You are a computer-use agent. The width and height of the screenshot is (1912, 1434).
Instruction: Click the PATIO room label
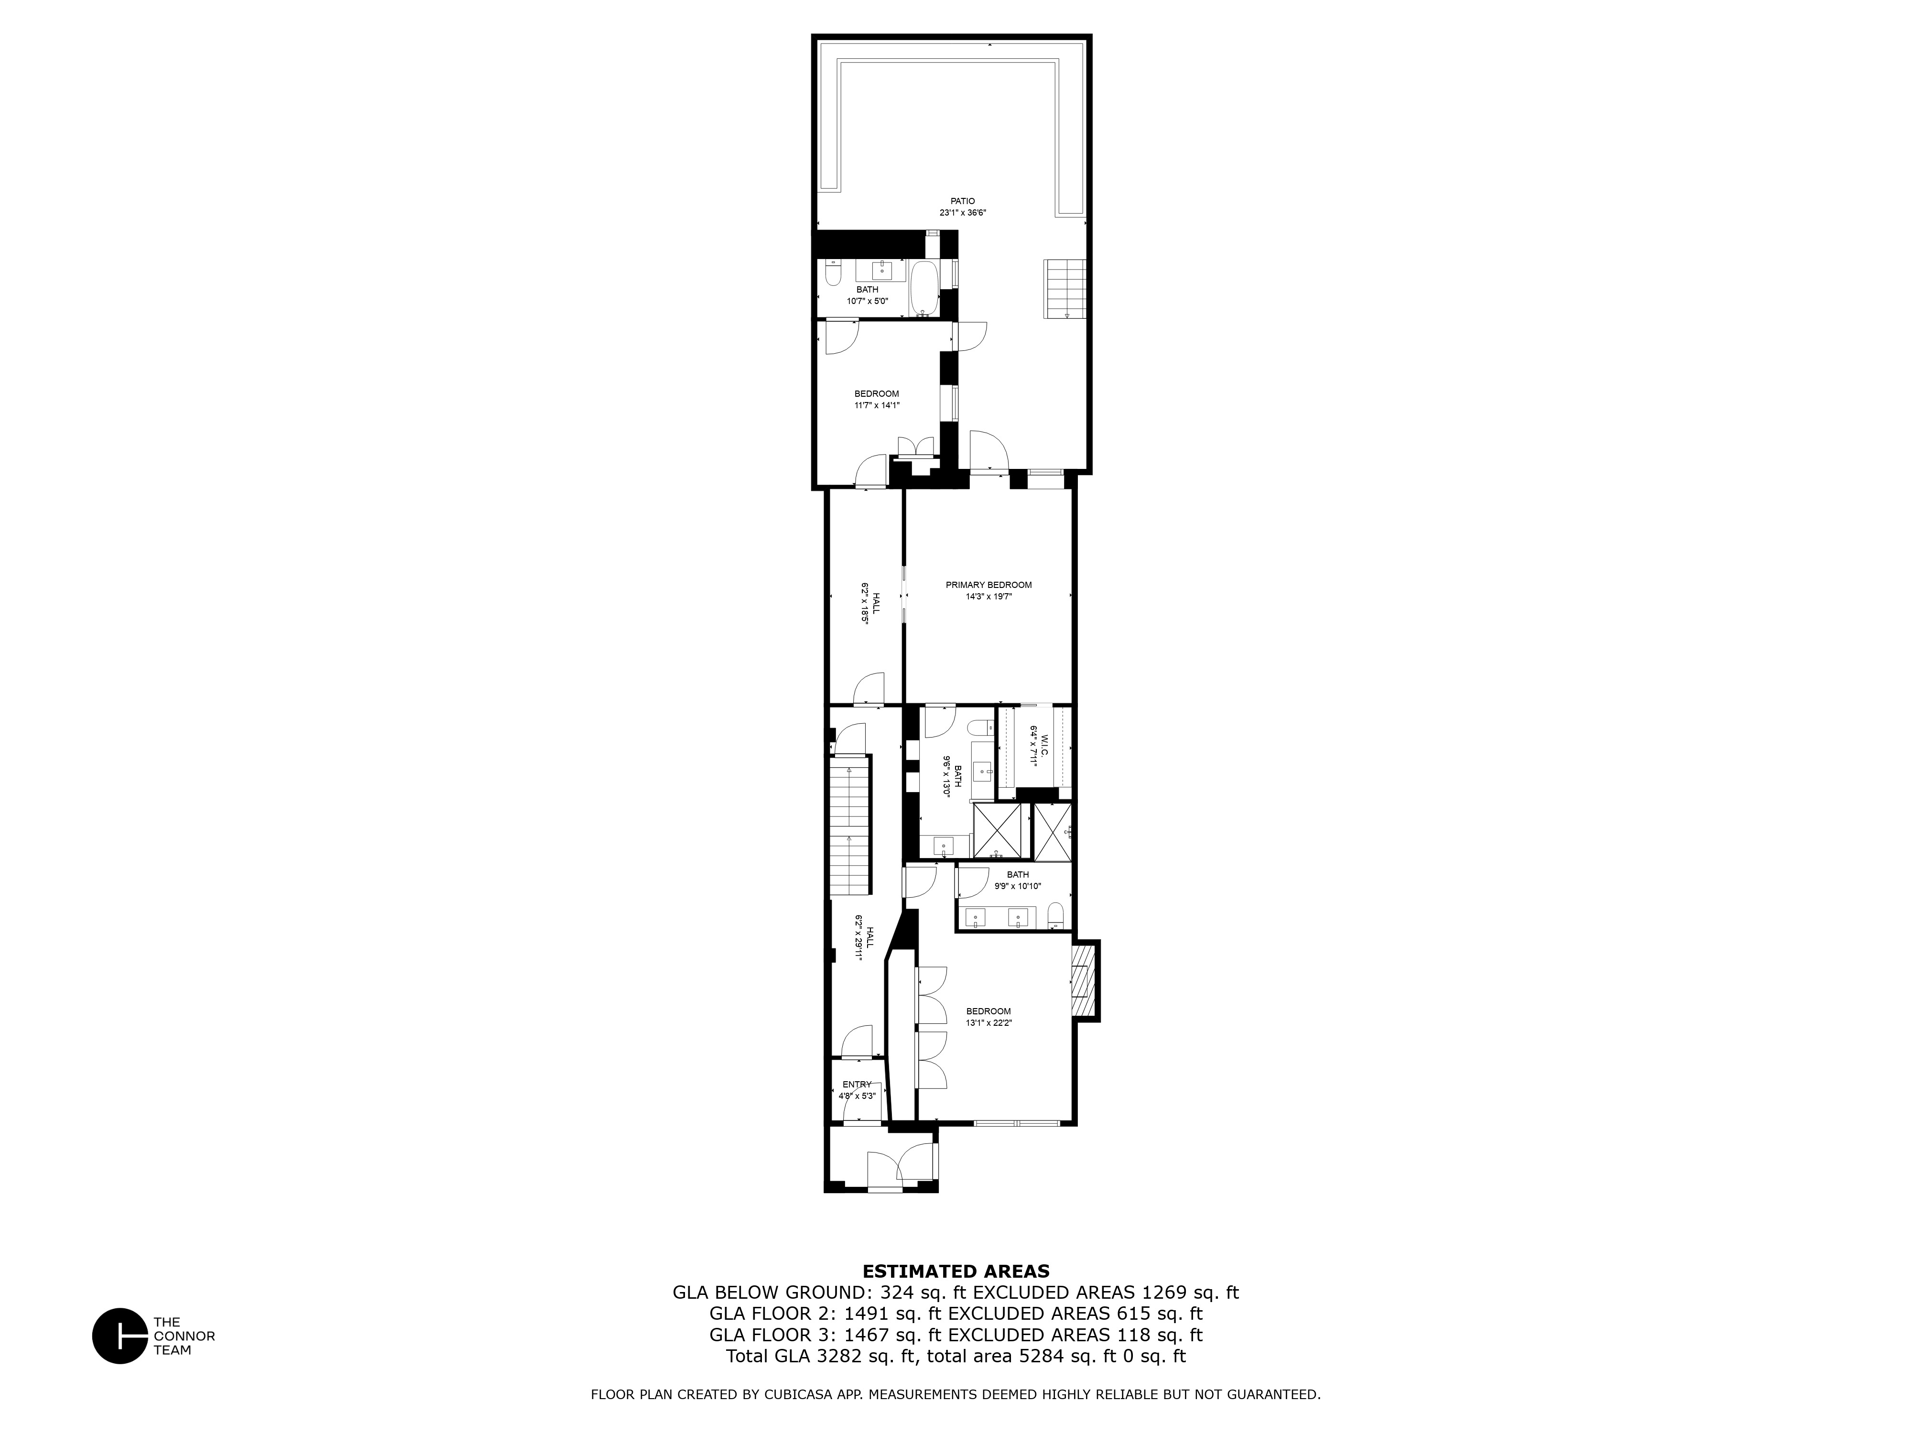tap(962, 201)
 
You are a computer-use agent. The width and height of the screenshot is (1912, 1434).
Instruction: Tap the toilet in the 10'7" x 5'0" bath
tap(832, 276)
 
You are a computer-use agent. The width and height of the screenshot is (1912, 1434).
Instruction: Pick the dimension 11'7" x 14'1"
tap(877, 404)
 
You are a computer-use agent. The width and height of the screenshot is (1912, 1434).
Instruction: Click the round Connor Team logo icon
tap(120, 1336)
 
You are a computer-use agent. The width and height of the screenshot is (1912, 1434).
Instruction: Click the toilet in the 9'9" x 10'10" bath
tap(1055, 914)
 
